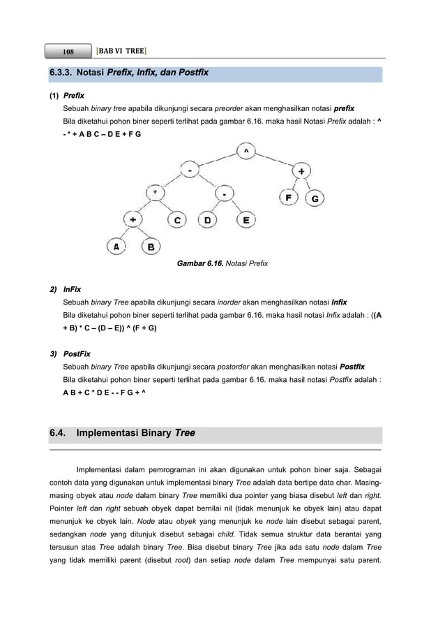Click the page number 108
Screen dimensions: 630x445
(68, 51)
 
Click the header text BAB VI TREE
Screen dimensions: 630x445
(121, 50)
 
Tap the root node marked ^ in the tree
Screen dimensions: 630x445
(246, 151)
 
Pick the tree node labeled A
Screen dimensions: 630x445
(116, 247)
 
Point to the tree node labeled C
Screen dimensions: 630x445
(178, 221)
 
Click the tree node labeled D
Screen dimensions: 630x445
(208, 221)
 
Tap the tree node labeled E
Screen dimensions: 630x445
(246, 221)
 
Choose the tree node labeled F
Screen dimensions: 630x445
(287, 198)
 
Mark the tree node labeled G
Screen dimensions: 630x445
(315, 198)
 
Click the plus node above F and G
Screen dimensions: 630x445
(301, 171)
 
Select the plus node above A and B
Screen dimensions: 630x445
(133, 220)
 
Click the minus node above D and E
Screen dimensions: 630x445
(225, 193)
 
